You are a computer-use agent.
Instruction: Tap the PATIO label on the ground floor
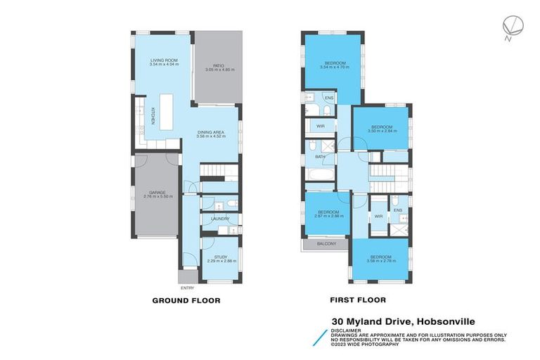(x=214, y=67)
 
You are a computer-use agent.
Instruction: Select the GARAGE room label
(x=153, y=193)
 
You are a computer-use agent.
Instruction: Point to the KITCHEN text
(x=153, y=116)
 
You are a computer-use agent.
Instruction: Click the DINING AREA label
(x=210, y=134)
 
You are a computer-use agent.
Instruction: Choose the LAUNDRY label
(x=219, y=219)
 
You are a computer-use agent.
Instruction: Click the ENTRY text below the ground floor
(x=187, y=288)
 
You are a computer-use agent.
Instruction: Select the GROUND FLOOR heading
(x=186, y=300)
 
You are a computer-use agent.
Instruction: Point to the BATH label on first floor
(x=320, y=157)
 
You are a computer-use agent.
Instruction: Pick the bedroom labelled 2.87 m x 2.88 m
(x=328, y=214)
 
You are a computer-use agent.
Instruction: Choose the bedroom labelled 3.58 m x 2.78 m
(x=382, y=258)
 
